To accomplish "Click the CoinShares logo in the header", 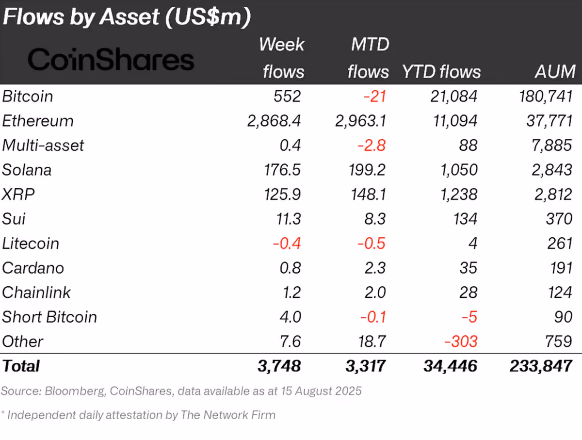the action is point(111,59).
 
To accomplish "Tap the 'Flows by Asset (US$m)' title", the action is point(127,17).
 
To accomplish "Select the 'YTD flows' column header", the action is point(441,72).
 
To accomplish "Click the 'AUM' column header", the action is point(555,72).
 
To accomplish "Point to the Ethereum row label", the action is point(38,121).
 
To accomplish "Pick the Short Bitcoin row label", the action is point(49,317).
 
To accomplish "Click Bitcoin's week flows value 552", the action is point(288,96).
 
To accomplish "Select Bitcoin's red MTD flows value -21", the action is point(375,96).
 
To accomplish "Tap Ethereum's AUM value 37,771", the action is point(550,121).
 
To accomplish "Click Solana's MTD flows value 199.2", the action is point(367,170).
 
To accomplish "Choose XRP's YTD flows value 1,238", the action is point(459,195).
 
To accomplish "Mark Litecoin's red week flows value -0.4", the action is point(287,244).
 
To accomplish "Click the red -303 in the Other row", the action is point(461,342).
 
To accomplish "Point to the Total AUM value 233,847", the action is point(541,366).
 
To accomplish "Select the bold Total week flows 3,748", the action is point(279,366).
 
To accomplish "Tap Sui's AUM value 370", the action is point(559,219).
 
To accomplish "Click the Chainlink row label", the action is point(36,293).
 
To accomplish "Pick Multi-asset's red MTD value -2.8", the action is point(372,146).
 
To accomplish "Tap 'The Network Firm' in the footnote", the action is point(228,415).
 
